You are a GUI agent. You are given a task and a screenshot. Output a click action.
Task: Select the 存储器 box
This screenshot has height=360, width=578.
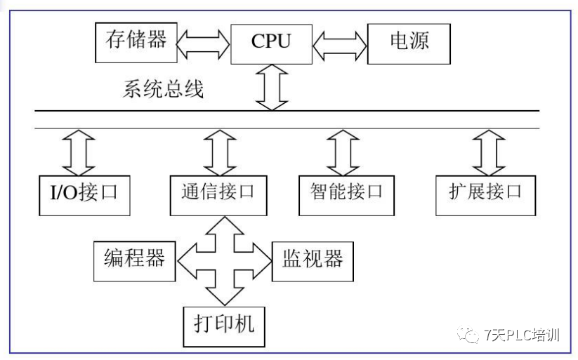(136, 40)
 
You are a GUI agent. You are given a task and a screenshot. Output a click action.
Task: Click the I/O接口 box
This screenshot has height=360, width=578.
(85, 192)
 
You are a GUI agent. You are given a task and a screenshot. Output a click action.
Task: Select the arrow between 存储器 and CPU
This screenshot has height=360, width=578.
(204, 41)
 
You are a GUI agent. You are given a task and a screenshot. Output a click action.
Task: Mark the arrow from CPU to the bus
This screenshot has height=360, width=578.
(271, 88)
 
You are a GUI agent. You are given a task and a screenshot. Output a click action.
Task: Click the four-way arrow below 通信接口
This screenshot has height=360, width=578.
(223, 258)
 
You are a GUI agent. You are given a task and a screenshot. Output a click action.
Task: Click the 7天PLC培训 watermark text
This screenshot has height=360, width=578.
(523, 335)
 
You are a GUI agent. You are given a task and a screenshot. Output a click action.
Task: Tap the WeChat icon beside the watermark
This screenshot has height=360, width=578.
(468, 335)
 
